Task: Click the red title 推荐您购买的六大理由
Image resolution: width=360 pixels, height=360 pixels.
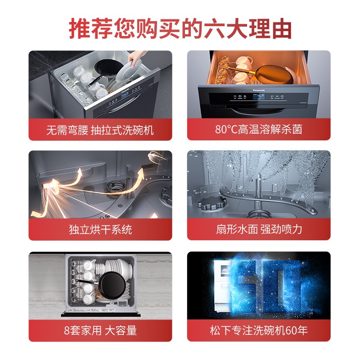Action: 180,29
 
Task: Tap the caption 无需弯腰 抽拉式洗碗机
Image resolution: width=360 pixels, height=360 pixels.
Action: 100,130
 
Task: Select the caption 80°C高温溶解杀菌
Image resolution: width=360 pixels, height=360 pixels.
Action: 258,129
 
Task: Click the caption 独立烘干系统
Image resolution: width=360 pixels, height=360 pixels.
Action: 100,229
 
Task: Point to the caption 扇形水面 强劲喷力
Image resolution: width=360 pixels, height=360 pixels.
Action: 259,229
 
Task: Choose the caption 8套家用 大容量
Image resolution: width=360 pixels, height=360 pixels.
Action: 100,330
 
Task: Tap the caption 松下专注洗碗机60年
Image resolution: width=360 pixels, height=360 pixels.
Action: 259,330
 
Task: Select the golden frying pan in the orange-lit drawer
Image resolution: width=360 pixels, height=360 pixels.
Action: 271,74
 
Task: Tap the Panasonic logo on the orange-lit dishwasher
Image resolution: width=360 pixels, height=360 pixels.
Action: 259,90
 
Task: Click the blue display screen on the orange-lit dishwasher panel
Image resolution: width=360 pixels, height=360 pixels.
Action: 258,97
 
